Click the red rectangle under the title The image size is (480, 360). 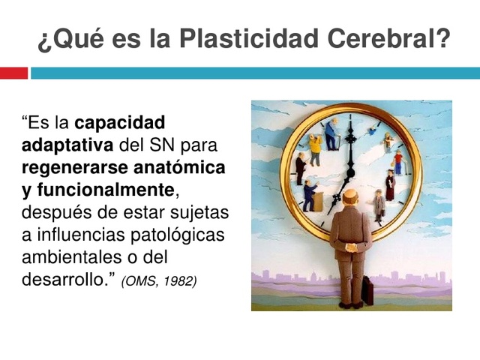click(13, 73)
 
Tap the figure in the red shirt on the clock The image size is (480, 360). click(397, 160)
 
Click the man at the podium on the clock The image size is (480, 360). click(309, 196)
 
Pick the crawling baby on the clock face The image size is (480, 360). click(371, 130)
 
